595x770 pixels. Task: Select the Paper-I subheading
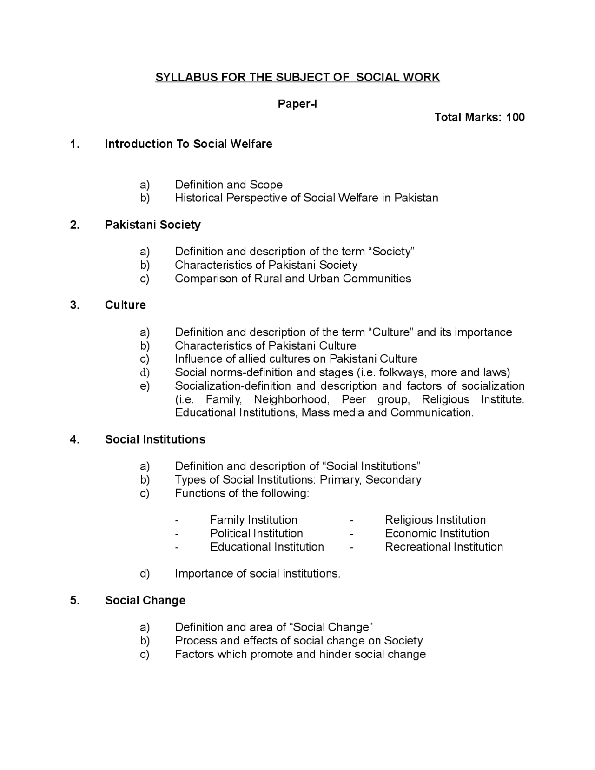[x=297, y=104]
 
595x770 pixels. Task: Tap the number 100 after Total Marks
[x=515, y=117]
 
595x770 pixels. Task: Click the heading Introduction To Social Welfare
[x=188, y=144]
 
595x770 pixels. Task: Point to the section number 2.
[x=74, y=225]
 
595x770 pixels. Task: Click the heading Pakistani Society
[x=152, y=225]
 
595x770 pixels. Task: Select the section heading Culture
[x=125, y=305]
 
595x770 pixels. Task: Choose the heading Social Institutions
[x=155, y=439]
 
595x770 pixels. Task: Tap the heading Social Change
[x=145, y=600]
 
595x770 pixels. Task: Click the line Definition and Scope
[x=228, y=185]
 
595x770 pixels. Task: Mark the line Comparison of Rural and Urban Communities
[x=293, y=279]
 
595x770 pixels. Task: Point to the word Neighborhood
[x=291, y=399]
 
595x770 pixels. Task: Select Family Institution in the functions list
[x=253, y=520]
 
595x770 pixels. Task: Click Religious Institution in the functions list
[x=435, y=520]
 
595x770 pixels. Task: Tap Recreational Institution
[x=443, y=547]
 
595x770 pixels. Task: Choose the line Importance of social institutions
[x=257, y=574]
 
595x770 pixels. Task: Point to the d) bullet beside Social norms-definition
[x=145, y=372]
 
